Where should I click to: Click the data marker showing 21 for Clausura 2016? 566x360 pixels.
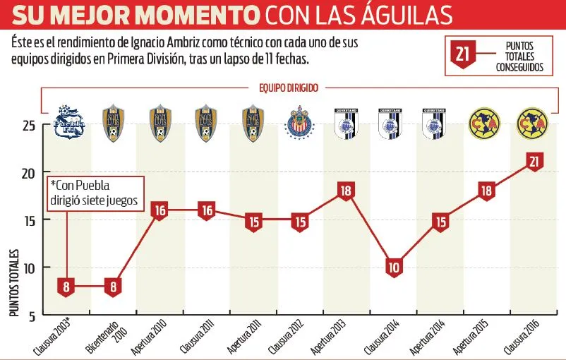[534, 162]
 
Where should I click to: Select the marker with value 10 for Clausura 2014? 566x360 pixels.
[394, 268]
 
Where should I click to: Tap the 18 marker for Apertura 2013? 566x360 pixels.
[347, 191]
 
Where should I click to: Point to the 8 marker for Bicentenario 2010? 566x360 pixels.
[113, 287]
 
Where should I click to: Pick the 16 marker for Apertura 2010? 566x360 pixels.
[159, 210]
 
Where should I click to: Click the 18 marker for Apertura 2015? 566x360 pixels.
[487, 191]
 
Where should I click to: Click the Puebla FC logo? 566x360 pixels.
[70, 121]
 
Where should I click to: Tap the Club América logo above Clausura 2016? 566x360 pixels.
[534, 122]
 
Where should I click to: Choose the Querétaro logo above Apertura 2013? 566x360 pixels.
[347, 123]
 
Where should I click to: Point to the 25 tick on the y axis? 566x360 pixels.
[29, 126]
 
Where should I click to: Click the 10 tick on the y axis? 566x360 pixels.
[29, 268]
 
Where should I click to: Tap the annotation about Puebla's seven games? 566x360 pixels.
[96, 192]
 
